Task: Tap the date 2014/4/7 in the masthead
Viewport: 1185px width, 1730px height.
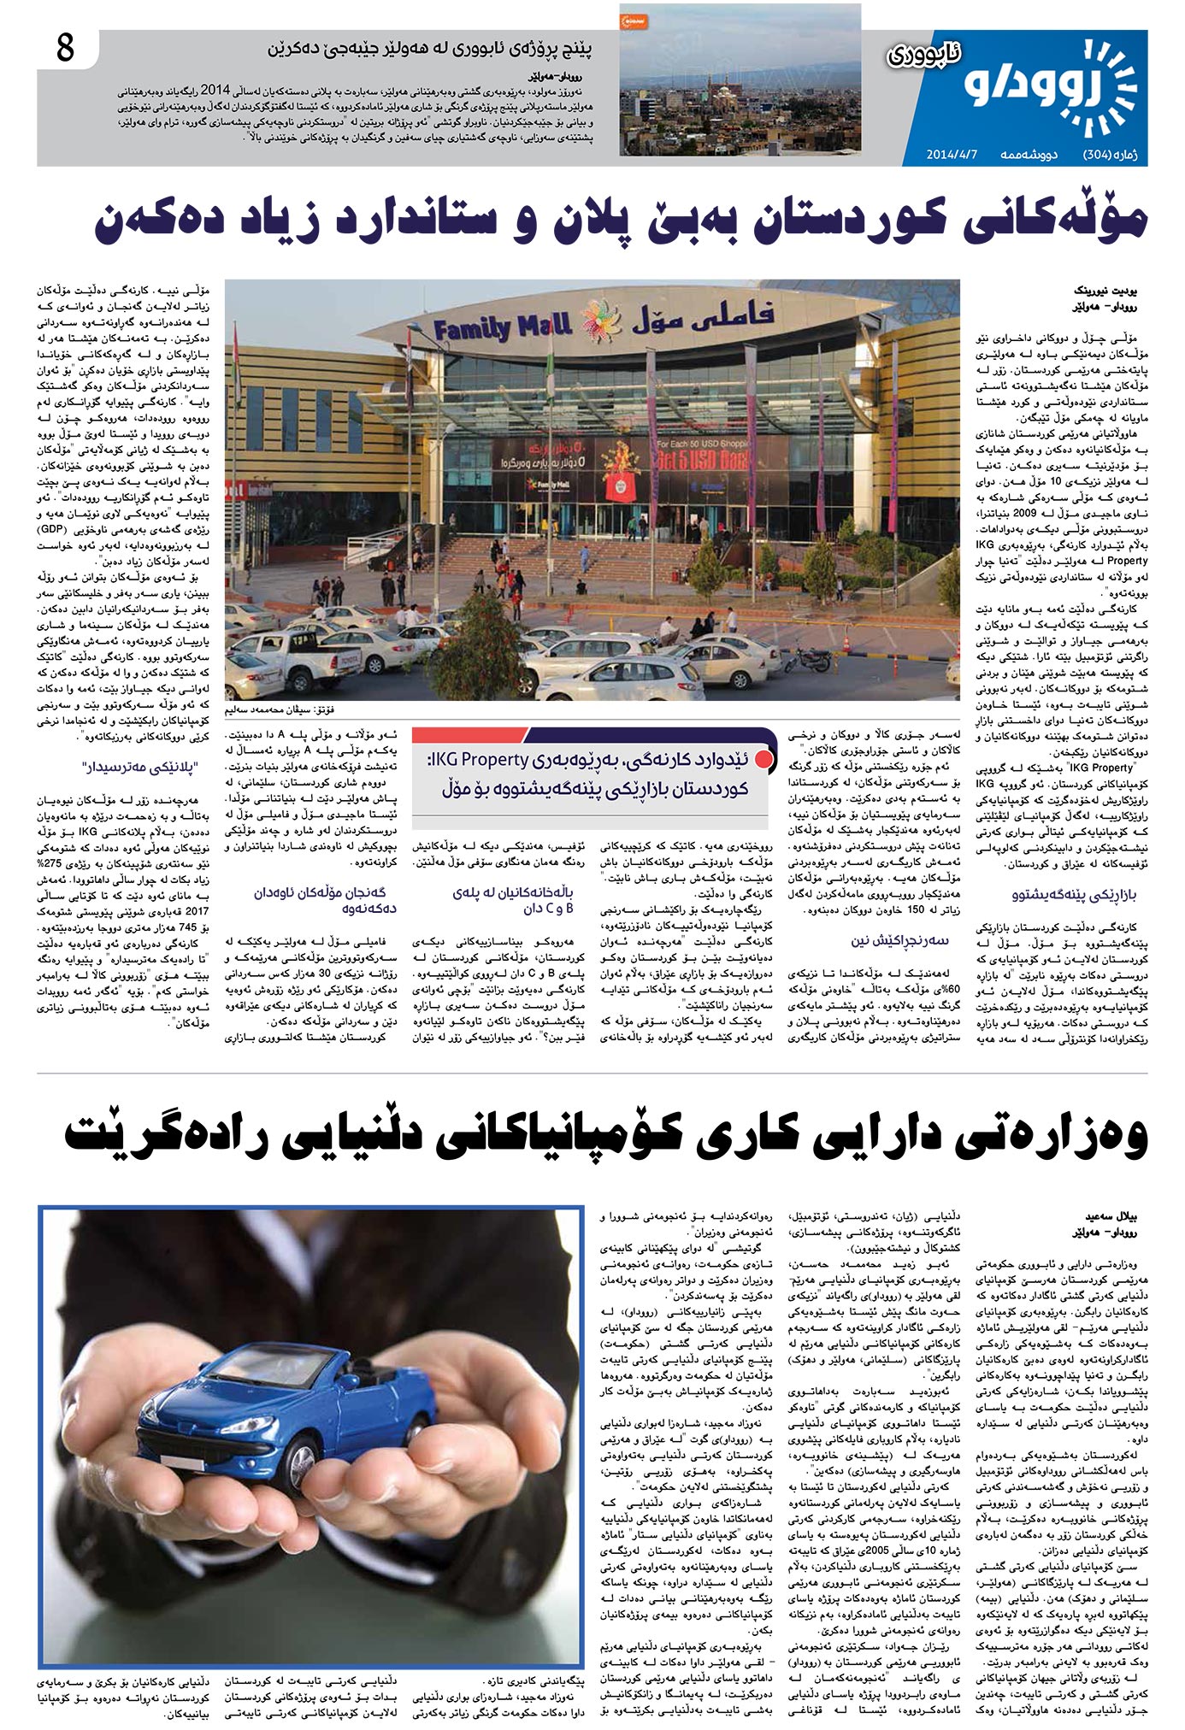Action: [956, 156]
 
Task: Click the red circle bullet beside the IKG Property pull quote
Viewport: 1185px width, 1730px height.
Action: [767, 760]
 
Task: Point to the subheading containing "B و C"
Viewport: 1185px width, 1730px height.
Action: [514, 900]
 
